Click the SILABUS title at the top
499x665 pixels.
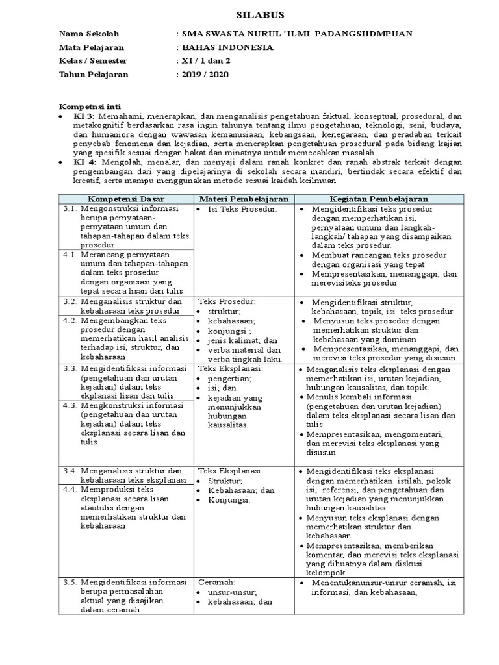[249, 14]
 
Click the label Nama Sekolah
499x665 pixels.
[89, 34]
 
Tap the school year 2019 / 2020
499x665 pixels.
[204, 74]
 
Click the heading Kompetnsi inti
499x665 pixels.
[90, 106]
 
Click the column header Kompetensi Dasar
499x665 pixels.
[126, 198]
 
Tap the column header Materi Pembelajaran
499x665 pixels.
[245, 198]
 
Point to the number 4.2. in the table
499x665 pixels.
[71, 320]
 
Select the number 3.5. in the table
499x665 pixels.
[71, 582]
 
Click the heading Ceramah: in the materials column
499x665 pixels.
[217, 582]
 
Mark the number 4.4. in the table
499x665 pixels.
[71, 489]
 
